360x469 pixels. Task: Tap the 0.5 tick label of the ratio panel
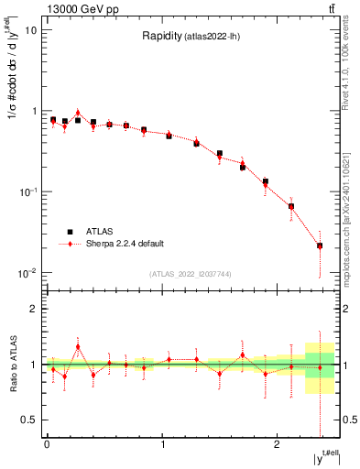(x=29, y=420)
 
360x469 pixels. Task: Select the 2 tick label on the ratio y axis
(x=34, y=310)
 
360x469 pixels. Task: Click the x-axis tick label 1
(x=162, y=444)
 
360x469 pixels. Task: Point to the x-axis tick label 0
(x=47, y=444)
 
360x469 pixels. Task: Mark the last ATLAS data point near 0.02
(x=320, y=245)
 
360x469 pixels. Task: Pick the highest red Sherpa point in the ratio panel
(x=78, y=347)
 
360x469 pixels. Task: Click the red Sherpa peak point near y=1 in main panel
(x=78, y=113)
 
